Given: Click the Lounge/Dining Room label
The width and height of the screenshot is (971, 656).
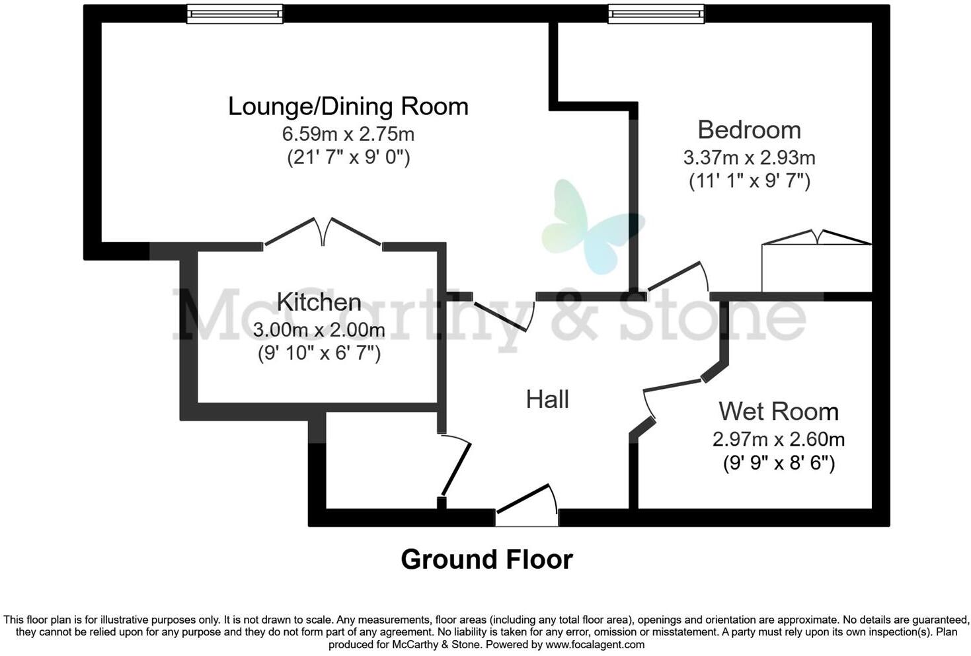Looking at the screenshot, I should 348,106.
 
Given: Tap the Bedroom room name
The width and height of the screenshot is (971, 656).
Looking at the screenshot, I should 749,130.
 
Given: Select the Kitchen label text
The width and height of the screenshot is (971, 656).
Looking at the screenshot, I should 319,302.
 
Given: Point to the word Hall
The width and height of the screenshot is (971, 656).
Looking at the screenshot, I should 547,399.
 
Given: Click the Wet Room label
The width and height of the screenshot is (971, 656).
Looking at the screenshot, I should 778,411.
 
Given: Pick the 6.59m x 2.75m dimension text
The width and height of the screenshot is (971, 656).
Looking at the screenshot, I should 348,134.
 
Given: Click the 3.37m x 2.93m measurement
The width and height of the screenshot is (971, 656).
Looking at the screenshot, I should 749,158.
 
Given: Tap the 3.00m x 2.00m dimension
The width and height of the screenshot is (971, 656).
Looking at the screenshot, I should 319,329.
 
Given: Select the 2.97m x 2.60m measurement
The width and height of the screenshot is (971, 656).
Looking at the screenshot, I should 778,439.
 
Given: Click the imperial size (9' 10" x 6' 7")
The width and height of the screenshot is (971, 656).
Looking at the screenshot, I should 319,353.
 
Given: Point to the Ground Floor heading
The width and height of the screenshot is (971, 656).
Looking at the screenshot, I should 486,559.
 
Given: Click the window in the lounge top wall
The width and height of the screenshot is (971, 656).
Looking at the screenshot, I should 235,14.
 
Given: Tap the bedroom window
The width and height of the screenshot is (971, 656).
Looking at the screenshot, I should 656,14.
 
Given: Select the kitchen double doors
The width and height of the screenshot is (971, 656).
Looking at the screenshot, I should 323,233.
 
